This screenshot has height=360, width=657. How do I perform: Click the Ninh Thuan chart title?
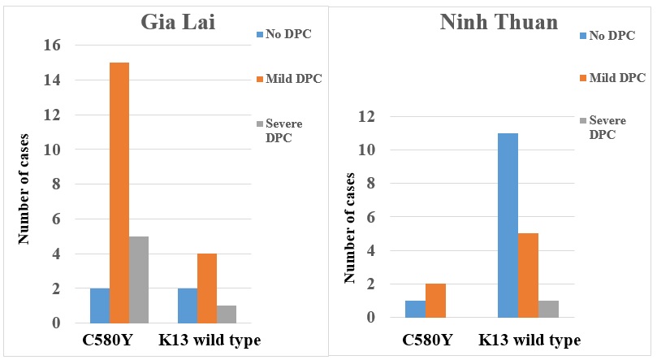[499, 22]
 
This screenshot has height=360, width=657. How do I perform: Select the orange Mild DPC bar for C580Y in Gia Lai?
[119, 193]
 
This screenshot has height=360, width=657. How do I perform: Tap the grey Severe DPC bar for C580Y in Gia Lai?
[139, 280]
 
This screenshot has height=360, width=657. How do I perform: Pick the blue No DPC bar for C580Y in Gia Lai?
[100, 306]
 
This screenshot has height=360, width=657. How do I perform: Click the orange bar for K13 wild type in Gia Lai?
[206, 288]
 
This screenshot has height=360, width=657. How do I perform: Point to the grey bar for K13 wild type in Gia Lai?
[226, 314]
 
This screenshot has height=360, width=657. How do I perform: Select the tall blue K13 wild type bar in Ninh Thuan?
[508, 225]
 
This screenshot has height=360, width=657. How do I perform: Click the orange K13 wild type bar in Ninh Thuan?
[528, 275]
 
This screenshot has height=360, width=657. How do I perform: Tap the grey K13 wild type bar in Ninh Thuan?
[548, 310]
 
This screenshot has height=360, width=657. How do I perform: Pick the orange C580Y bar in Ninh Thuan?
[435, 301]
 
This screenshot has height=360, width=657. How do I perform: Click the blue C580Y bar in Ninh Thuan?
[416, 310]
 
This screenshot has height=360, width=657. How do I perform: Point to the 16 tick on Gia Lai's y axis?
[54, 46]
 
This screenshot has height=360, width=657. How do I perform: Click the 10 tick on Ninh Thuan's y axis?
[371, 150]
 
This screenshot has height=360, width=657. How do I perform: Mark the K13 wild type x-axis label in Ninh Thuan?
[529, 340]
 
